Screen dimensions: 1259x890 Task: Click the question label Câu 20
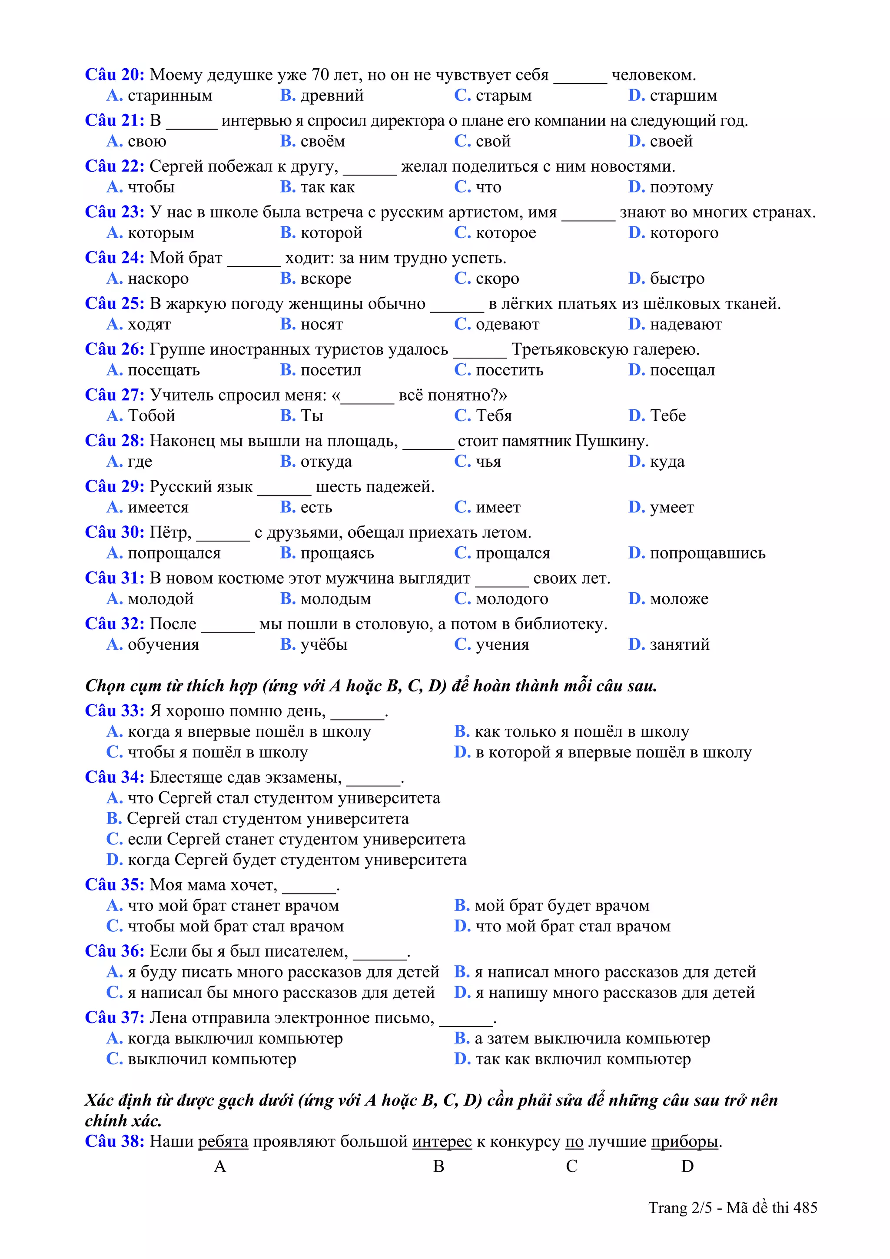click(114, 75)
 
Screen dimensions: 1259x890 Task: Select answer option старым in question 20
click(503, 96)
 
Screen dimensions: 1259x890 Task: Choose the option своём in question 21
click(322, 142)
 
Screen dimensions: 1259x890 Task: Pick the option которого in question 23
click(684, 233)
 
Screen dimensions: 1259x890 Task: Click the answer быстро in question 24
click(677, 279)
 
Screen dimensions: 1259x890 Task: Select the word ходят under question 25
click(149, 325)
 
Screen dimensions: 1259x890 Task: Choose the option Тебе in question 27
click(667, 415)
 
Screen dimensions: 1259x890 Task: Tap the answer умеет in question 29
click(672, 507)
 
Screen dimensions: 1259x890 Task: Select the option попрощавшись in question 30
click(707, 553)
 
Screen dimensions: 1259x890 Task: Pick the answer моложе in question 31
click(679, 599)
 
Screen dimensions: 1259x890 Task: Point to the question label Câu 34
click(114, 777)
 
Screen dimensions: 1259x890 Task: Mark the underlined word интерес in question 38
click(442, 1141)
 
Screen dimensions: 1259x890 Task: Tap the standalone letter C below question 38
click(571, 1166)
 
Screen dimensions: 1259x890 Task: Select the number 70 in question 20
click(321, 75)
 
